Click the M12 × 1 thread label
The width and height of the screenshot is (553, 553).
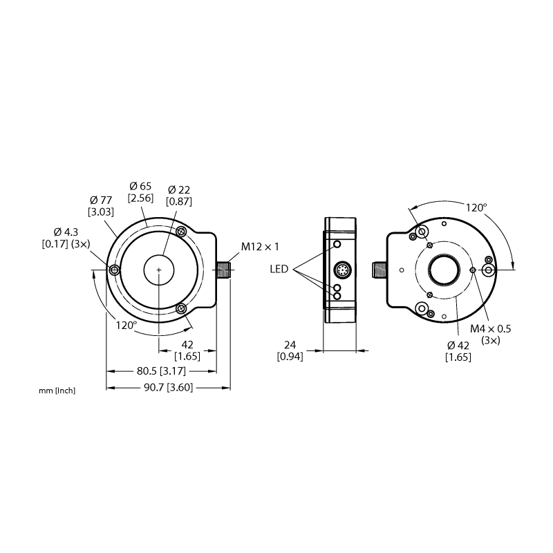pyautogui.click(x=260, y=247)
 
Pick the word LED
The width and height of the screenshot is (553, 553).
pyautogui.click(x=279, y=269)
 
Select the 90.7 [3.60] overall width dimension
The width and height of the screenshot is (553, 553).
pyautogui.click(x=169, y=388)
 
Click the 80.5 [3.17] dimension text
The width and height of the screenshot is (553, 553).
pyautogui.click(x=161, y=371)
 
